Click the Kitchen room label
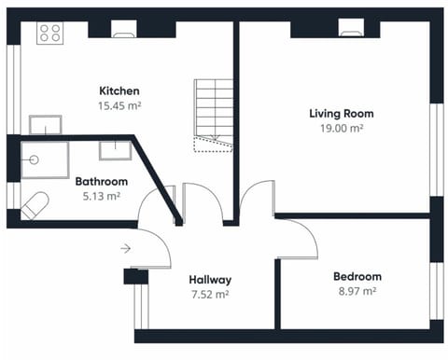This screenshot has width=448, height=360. point(119,90)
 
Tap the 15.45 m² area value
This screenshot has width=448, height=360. point(119,105)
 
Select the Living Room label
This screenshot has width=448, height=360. point(336,113)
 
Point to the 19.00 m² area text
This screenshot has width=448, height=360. point(336,128)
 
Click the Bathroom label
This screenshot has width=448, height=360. point(102,181)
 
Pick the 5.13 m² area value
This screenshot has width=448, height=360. point(102,196)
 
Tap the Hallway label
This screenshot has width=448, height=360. point(210,279)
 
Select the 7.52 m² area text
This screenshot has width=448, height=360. point(210,294)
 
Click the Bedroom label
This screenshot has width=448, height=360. point(357,276)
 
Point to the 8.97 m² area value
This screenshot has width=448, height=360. point(357,291)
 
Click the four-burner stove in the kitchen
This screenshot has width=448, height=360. point(49,34)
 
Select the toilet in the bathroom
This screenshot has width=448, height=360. point(35,205)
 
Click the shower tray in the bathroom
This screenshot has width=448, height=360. point(44,159)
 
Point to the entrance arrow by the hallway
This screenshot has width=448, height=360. point(126,248)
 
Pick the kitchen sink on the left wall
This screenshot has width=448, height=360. point(45,125)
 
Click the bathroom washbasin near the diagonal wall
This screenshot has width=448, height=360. point(115,150)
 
